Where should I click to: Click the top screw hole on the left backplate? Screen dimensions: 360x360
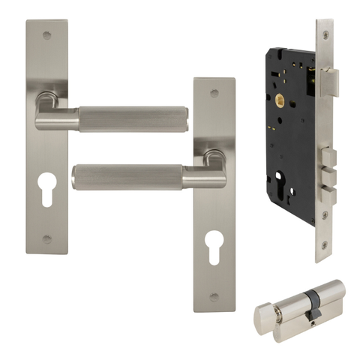pyautogui.click(x=47, y=34)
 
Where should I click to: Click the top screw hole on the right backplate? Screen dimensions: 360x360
pyautogui.click(x=214, y=94)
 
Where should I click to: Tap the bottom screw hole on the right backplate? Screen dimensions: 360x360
pyautogui.click(x=214, y=297)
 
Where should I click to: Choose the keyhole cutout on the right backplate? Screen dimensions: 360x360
pyautogui.click(x=214, y=244)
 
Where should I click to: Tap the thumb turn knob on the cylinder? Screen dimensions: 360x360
pyautogui.click(x=262, y=317)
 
